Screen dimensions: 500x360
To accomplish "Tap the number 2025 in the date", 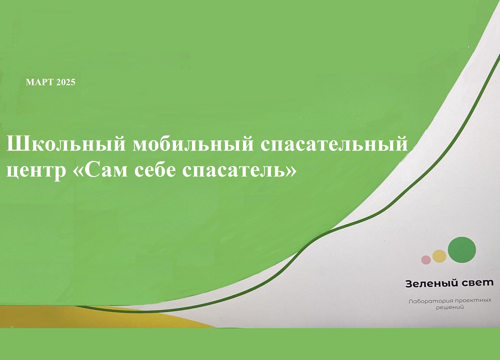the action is click(x=65, y=82).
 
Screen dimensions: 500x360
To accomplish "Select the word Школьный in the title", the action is click(x=66, y=144).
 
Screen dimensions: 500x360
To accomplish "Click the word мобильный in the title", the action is click(x=193, y=144).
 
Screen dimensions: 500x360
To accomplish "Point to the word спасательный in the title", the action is click(x=334, y=144).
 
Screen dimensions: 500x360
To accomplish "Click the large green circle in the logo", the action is click(x=461, y=249).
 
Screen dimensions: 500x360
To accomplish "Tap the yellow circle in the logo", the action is click(x=439, y=256).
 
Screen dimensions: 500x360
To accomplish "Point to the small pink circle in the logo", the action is click(x=426, y=260).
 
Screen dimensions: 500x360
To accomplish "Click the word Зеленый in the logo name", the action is click(x=428, y=283).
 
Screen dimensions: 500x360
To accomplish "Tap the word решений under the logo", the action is click(x=450, y=307).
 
